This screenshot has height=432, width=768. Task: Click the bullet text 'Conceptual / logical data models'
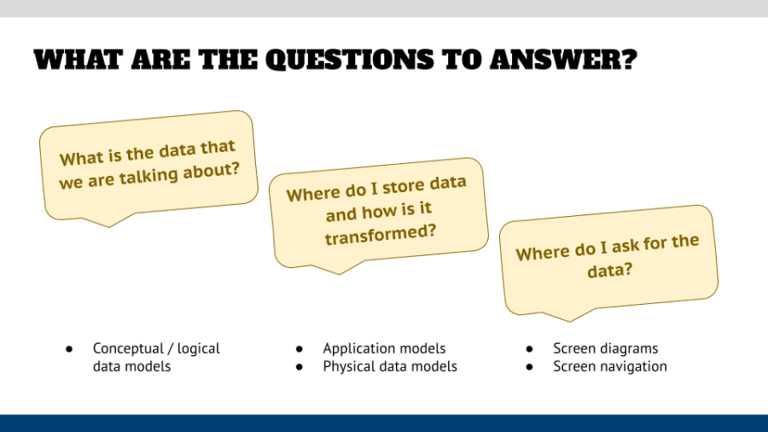(155, 357)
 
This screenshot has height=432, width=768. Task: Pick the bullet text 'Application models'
(384, 348)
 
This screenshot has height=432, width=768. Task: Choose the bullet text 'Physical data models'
(389, 366)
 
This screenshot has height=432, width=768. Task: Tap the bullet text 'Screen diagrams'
(605, 348)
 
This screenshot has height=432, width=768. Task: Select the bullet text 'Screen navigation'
(609, 366)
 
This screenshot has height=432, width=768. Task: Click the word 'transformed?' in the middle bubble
(375, 234)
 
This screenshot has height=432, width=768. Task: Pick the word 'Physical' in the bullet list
(350, 366)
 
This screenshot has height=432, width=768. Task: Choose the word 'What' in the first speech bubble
(80, 160)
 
